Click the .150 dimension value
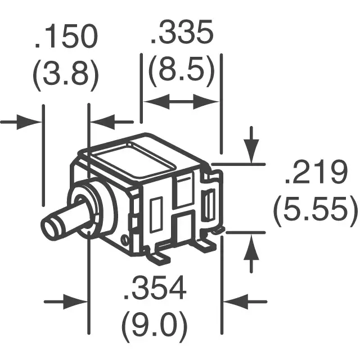pos(66,38)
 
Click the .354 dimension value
pos(155,289)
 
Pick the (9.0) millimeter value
pos(155,325)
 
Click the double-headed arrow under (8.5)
pos(181,102)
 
